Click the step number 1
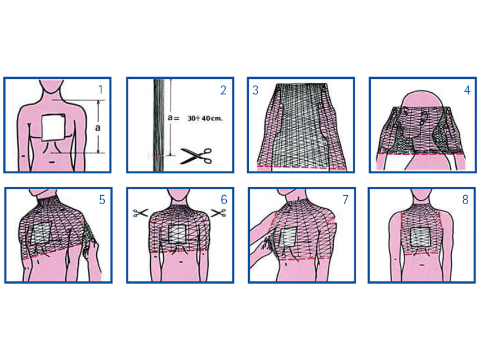(101, 89)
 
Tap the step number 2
(223, 90)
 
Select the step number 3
(255, 90)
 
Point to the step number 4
(467, 90)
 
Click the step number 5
(102, 200)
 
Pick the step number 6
(224, 200)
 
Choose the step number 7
(346, 199)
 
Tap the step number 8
(465, 200)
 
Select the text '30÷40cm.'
(205, 118)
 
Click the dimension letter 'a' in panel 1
(98, 127)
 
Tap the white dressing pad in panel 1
(53, 128)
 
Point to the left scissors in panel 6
(141, 213)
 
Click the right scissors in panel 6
(218, 213)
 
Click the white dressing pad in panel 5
(41, 233)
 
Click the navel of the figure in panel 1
(52, 162)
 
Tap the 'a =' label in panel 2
(173, 118)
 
